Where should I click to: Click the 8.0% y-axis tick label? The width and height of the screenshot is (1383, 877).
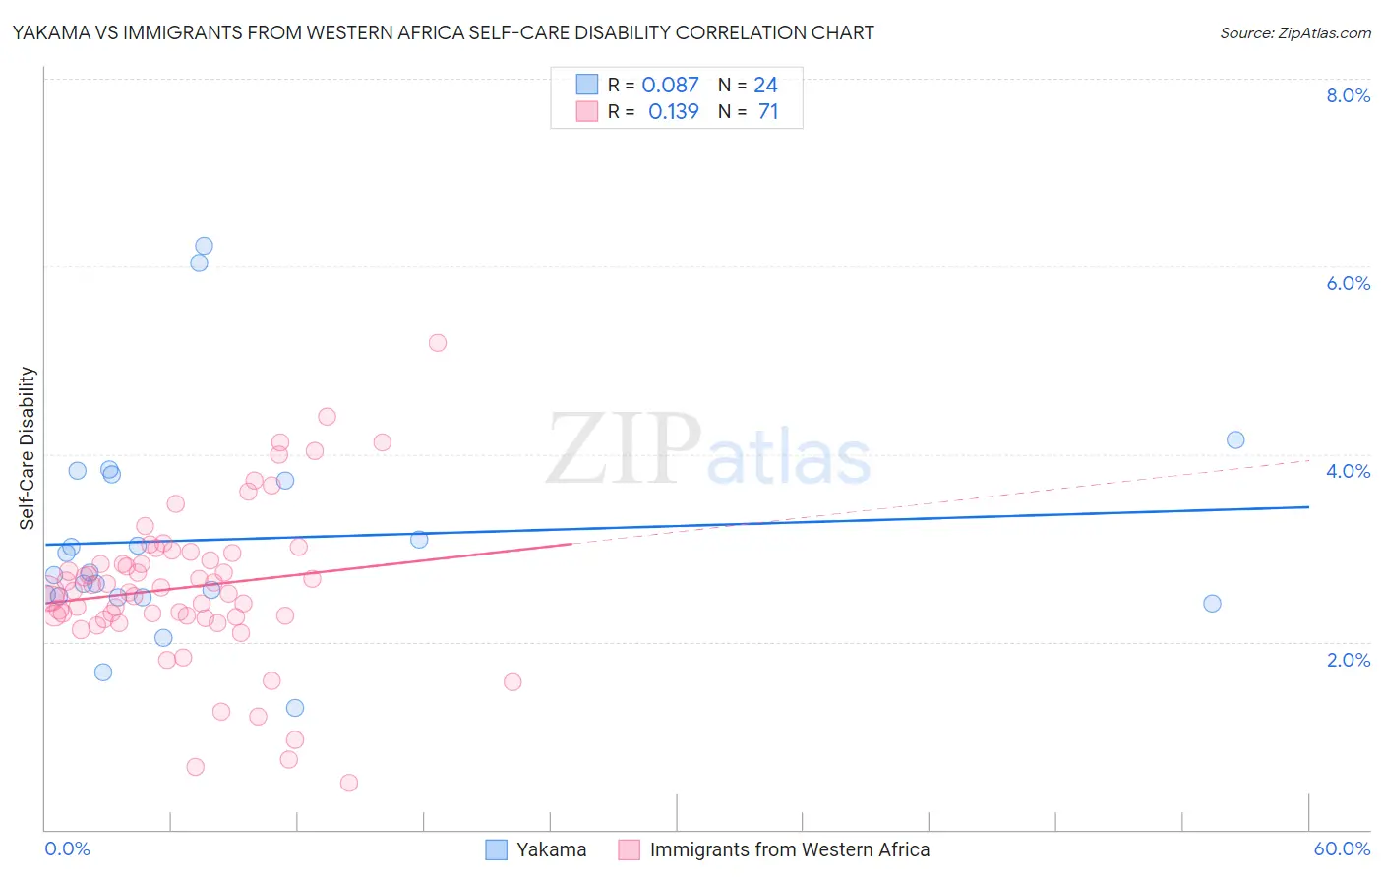[1348, 95]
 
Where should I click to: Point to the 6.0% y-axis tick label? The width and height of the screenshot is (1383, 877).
[1348, 283]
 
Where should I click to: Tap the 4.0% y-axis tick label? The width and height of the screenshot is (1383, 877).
[1348, 471]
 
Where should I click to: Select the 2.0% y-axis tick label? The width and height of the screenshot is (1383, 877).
[1348, 660]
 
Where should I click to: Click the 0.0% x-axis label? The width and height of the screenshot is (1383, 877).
[67, 849]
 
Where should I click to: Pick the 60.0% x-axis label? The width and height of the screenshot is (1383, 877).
[1342, 849]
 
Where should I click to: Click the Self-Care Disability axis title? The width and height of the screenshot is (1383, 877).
[28, 448]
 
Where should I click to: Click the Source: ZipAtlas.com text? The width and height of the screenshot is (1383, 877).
[1294, 33]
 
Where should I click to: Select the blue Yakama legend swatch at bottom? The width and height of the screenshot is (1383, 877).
[497, 849]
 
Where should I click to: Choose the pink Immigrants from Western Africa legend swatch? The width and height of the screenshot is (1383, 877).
[630, 849]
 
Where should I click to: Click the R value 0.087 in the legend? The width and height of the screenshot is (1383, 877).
[670, 86]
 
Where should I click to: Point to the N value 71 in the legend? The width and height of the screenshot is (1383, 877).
[768, 112]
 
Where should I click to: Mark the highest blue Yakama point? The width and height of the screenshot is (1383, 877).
[204, 246]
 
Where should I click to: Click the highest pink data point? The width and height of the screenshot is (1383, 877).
[438, 343]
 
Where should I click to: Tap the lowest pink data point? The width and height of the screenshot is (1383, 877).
[348, 783]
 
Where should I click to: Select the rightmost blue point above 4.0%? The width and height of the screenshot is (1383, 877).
[1235, 439]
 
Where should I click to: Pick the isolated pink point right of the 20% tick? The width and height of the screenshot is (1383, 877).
[512, 681]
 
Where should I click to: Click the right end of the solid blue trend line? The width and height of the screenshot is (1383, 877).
[1308, 506]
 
